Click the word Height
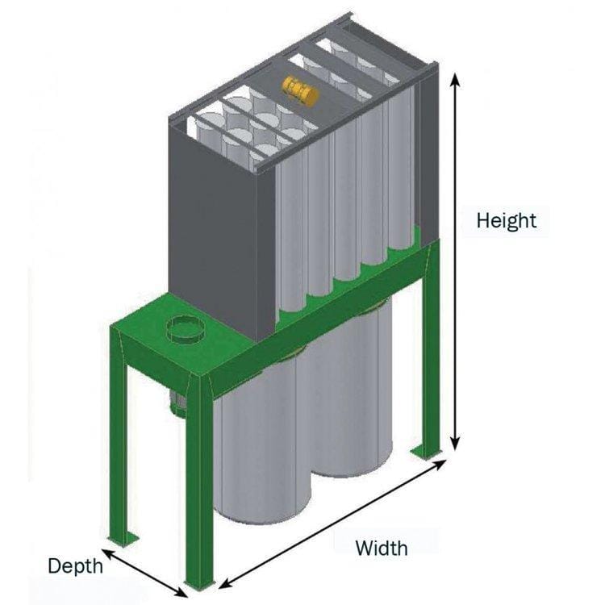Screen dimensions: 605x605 coord(506,219)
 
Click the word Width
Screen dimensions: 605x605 coord(382,549)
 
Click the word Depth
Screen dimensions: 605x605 coord(75,565)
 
